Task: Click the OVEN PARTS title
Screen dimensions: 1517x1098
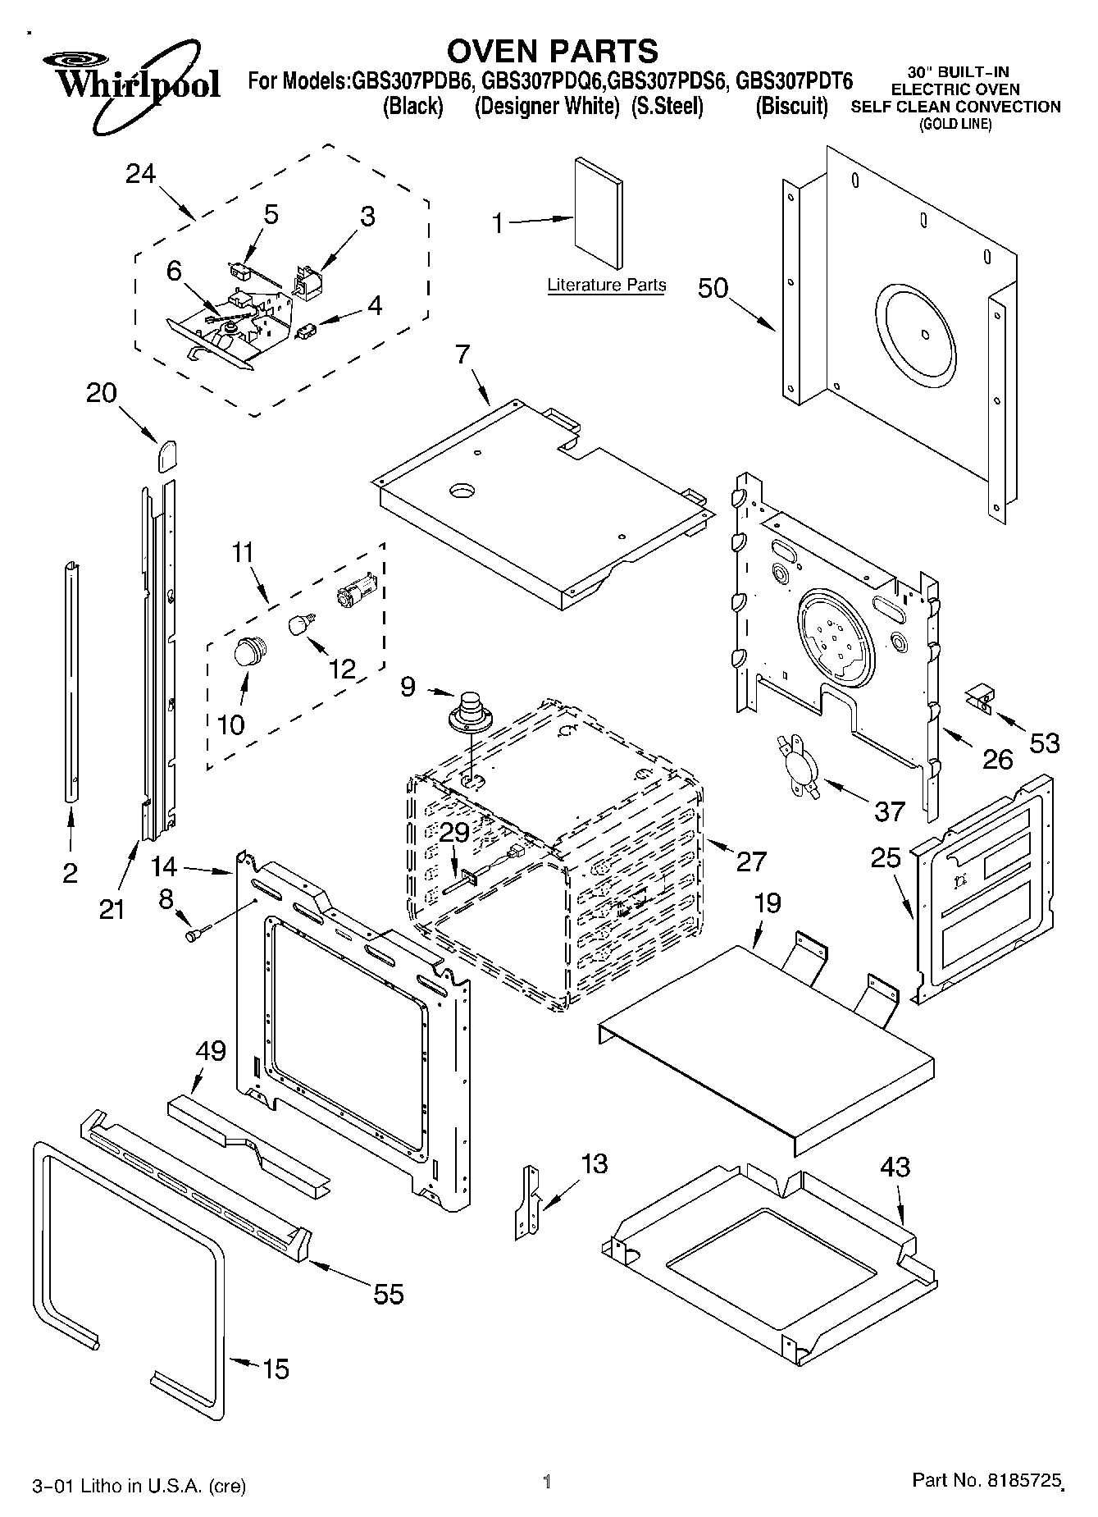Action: pos(552,51)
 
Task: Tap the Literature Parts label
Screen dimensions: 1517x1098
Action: pos(606,285)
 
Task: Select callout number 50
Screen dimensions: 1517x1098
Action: pos(713,289)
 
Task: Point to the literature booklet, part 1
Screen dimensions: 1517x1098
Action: pos(598,212)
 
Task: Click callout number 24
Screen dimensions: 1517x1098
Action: pos(141,173)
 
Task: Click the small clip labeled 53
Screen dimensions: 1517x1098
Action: pos(979,698)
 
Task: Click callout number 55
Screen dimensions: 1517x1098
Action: pos(388,1294)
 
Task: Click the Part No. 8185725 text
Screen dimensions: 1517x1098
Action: pos(987,1481)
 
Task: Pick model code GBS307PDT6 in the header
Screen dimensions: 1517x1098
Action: pos(794,81)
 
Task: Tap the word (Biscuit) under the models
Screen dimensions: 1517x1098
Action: pos(790,107)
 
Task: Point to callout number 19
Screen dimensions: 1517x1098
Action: pos(767,903)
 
